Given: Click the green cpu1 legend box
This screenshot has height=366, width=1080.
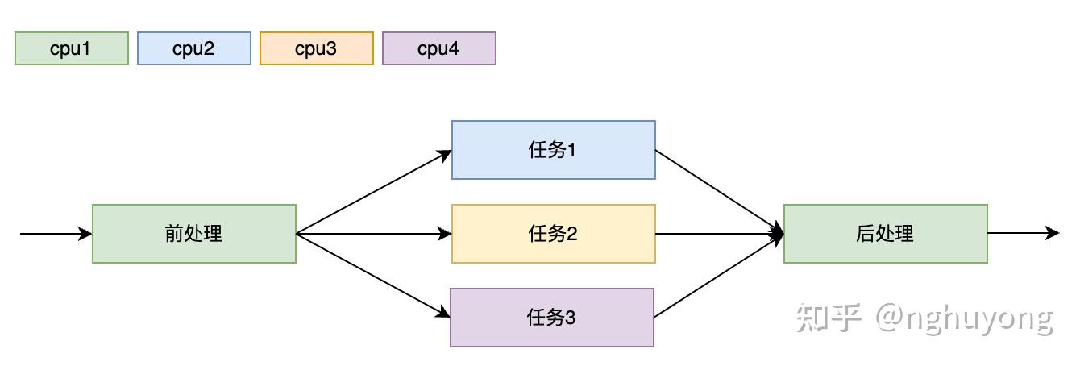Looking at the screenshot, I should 72,48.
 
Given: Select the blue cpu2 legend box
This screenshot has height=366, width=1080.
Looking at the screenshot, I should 194,48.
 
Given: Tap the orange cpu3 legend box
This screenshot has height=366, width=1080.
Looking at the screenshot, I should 317,48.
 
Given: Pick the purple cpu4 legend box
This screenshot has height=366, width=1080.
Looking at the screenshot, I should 439,48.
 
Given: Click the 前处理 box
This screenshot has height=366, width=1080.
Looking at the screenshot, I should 194,234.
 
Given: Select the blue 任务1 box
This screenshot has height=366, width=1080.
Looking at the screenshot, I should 554,150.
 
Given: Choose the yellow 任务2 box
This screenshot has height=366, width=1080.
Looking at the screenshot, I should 554,234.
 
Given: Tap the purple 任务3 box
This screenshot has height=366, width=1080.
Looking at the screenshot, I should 552,318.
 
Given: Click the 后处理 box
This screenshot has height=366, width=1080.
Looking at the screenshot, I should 886,234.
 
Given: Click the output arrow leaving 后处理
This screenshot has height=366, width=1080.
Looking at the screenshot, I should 1022,234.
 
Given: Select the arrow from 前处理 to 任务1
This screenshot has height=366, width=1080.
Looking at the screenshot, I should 373,193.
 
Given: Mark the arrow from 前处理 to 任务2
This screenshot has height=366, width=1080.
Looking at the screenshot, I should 373,234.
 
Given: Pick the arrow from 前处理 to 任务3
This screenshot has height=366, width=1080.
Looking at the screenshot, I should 372,275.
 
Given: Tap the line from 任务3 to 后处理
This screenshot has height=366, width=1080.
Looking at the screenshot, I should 717,276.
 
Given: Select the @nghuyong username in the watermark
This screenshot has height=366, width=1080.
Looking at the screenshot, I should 964,319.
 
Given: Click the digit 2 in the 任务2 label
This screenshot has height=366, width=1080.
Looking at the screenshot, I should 572,234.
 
